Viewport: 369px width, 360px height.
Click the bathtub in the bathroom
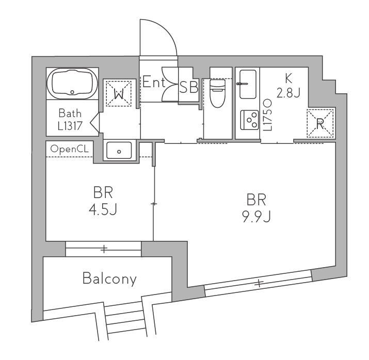pos(72,84)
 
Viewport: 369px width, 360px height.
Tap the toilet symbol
pos(217,93)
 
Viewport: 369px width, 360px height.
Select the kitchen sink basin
pos(248,84)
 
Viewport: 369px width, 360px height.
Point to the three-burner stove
pos(249,120)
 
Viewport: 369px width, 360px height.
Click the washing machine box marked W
pos(119,93)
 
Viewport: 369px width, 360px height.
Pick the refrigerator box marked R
pos(320,123)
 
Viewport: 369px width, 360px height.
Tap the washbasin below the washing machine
pos(119,151)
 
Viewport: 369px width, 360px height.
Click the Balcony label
pos(109,279)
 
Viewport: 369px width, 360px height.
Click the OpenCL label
pos(70,149)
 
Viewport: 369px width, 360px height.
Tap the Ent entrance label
pos(154,81)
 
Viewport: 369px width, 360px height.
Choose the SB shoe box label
pos(188,87)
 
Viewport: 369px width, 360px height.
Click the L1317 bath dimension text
pos(70,126)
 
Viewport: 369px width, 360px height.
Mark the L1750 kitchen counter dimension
pos(267,114)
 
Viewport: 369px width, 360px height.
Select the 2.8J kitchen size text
pos(288,92)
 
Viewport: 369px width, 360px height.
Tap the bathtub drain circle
pos(72,92)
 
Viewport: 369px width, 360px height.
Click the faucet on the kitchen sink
pos(242,84)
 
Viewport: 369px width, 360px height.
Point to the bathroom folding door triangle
pos(94,122)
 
